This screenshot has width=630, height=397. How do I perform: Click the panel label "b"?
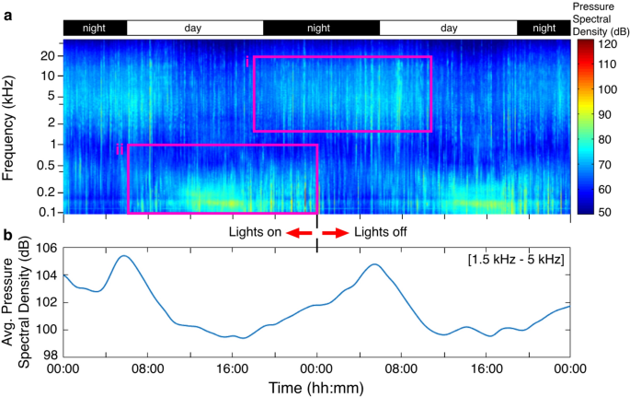tap(7, 236)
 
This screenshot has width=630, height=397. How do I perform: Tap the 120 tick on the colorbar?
tap(610, 43)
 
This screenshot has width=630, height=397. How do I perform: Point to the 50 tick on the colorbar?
tap(610, 213)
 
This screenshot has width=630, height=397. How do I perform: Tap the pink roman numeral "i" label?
tap(247, 61)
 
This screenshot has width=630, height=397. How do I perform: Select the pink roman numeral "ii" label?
tap(120, 149)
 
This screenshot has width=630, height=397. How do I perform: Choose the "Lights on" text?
tap(255, 232)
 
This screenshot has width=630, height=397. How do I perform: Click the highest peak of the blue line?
tap(123, 255)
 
